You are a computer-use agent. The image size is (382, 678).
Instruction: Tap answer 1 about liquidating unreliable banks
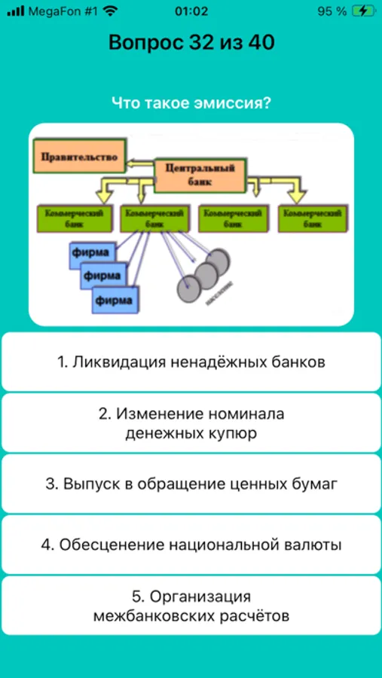pos(191,362)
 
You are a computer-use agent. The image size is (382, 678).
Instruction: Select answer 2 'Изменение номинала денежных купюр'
pos(191,423)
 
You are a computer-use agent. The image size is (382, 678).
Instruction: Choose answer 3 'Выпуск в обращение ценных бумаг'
pos(191,484)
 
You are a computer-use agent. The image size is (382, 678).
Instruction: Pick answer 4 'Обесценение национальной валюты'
pos(191,545)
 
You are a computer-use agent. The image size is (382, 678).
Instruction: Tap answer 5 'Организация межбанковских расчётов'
pos(191,606)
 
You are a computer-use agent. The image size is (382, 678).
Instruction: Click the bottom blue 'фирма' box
pos(115,301)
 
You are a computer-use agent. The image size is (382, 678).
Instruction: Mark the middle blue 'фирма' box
pos(102,276)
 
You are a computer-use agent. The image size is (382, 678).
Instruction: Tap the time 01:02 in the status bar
pos(191,11)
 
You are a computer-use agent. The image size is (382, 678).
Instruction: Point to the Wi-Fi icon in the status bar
pos(111,11)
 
